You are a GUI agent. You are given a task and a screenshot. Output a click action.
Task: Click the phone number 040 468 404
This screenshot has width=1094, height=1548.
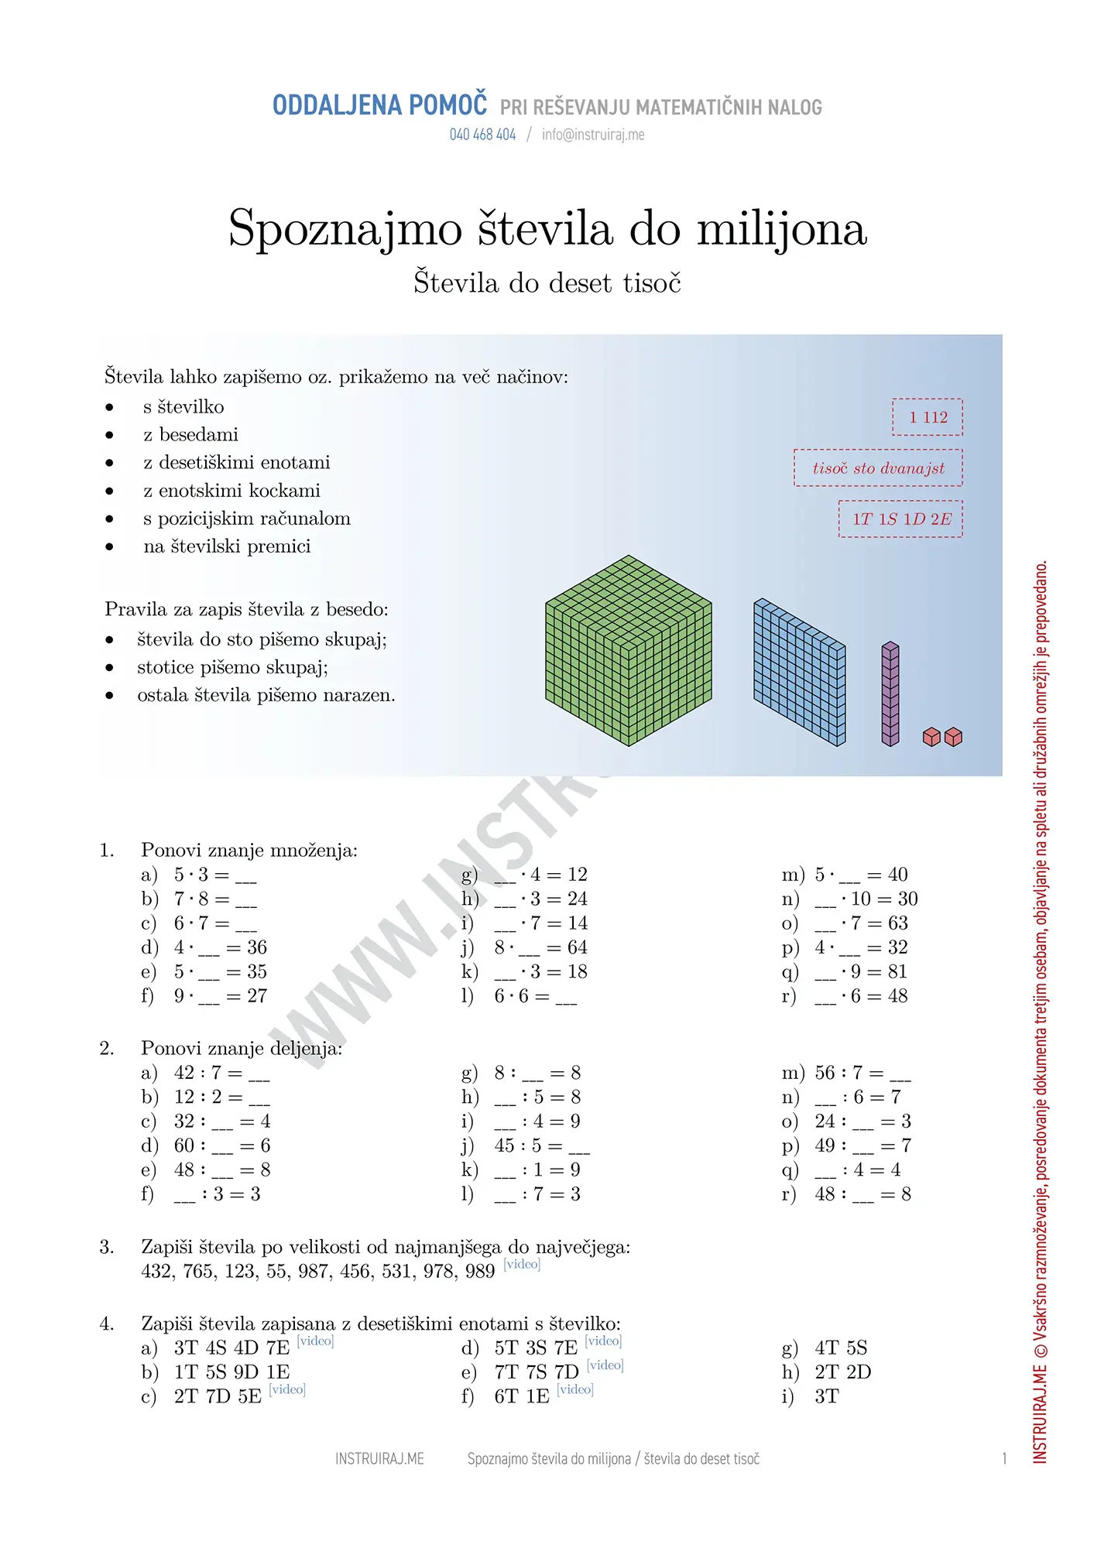click(482, 135)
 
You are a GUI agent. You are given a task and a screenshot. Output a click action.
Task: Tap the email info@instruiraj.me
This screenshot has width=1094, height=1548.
click(593, 135)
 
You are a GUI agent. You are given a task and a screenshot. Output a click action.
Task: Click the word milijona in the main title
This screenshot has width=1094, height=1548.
click(781, 229)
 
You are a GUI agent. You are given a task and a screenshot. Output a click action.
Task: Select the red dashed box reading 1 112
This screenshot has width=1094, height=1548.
click(928, 417)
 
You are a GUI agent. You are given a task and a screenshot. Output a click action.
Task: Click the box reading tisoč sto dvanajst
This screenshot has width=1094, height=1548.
click(878, 468)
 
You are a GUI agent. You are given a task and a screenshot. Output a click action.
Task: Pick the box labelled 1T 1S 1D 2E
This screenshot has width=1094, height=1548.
click(901, 519)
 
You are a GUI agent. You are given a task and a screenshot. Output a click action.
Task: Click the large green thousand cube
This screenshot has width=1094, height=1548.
click(628, 651)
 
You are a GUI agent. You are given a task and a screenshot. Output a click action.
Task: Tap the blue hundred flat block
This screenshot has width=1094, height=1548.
click(800, 671)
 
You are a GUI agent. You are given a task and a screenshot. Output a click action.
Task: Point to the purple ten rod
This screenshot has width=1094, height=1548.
click(890, 694)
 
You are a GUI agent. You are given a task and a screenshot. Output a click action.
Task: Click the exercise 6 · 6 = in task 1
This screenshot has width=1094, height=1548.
click(535, 996)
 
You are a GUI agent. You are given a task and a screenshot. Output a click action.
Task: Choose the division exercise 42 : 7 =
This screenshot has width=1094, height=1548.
click(221, 1073)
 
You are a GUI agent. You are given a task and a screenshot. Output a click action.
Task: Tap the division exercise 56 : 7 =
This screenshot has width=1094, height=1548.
click(863, 1073)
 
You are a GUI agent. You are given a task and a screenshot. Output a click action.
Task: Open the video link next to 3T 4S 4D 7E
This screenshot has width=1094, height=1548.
click(315, 1341)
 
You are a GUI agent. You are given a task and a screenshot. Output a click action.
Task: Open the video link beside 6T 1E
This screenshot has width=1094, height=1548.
click(575, 1389)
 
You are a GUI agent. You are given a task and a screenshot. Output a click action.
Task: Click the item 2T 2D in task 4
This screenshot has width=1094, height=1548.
click(842, 1372)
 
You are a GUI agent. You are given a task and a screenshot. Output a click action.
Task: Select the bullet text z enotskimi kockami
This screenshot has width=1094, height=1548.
click(231, 491)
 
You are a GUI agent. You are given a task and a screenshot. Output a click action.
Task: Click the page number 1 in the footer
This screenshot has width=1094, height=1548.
click(1004, 1459)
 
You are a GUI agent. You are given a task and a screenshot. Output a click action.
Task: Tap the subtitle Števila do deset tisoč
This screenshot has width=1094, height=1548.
click(547, 283)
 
